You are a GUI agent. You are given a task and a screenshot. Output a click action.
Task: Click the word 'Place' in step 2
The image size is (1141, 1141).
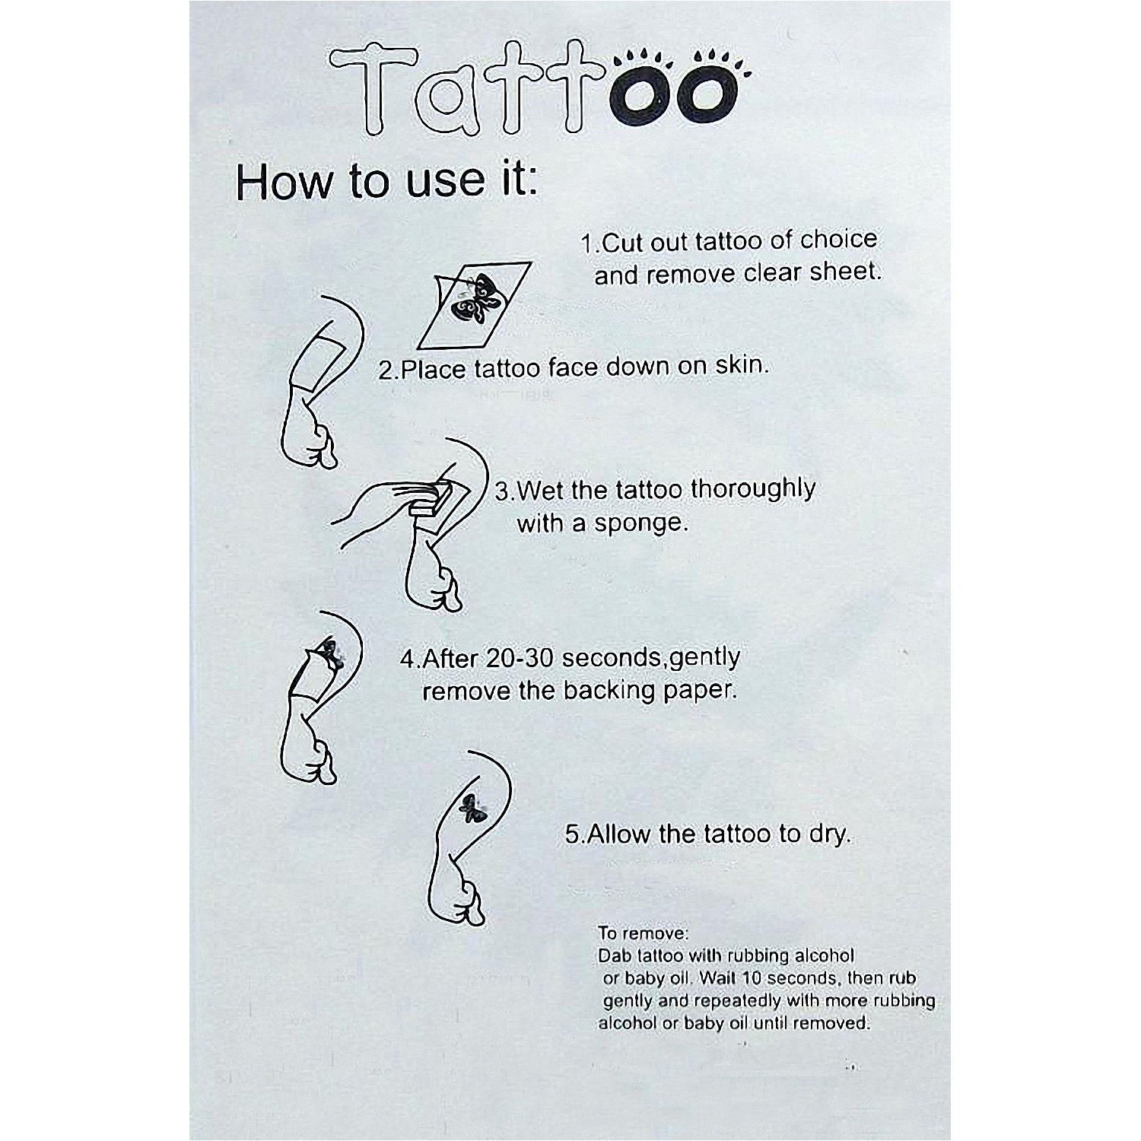click(433, 369)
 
